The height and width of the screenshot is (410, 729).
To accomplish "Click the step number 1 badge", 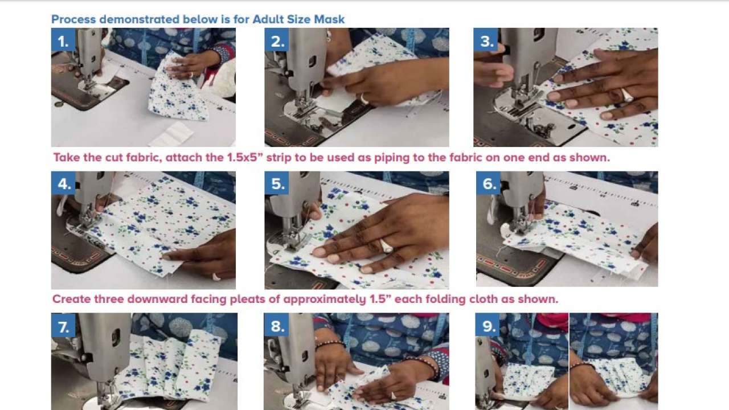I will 63,41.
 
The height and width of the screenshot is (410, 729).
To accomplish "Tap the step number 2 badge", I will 277,41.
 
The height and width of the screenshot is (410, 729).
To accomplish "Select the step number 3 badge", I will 486,41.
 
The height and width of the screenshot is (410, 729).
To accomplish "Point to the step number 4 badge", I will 64,183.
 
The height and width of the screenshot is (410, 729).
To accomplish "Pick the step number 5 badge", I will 277,183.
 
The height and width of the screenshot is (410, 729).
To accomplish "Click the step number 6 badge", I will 489,183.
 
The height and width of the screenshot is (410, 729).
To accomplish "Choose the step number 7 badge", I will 63,326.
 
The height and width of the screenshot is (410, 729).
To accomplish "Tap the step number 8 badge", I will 277,326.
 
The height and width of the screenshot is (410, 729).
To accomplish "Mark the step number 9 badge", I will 488,326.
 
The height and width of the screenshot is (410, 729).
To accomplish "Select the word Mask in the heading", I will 329,19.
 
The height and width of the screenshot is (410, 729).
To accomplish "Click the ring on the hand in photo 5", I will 386,247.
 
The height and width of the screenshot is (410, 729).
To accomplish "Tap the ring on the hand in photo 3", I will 627,95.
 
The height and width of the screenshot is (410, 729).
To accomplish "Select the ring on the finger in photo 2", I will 363,99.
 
